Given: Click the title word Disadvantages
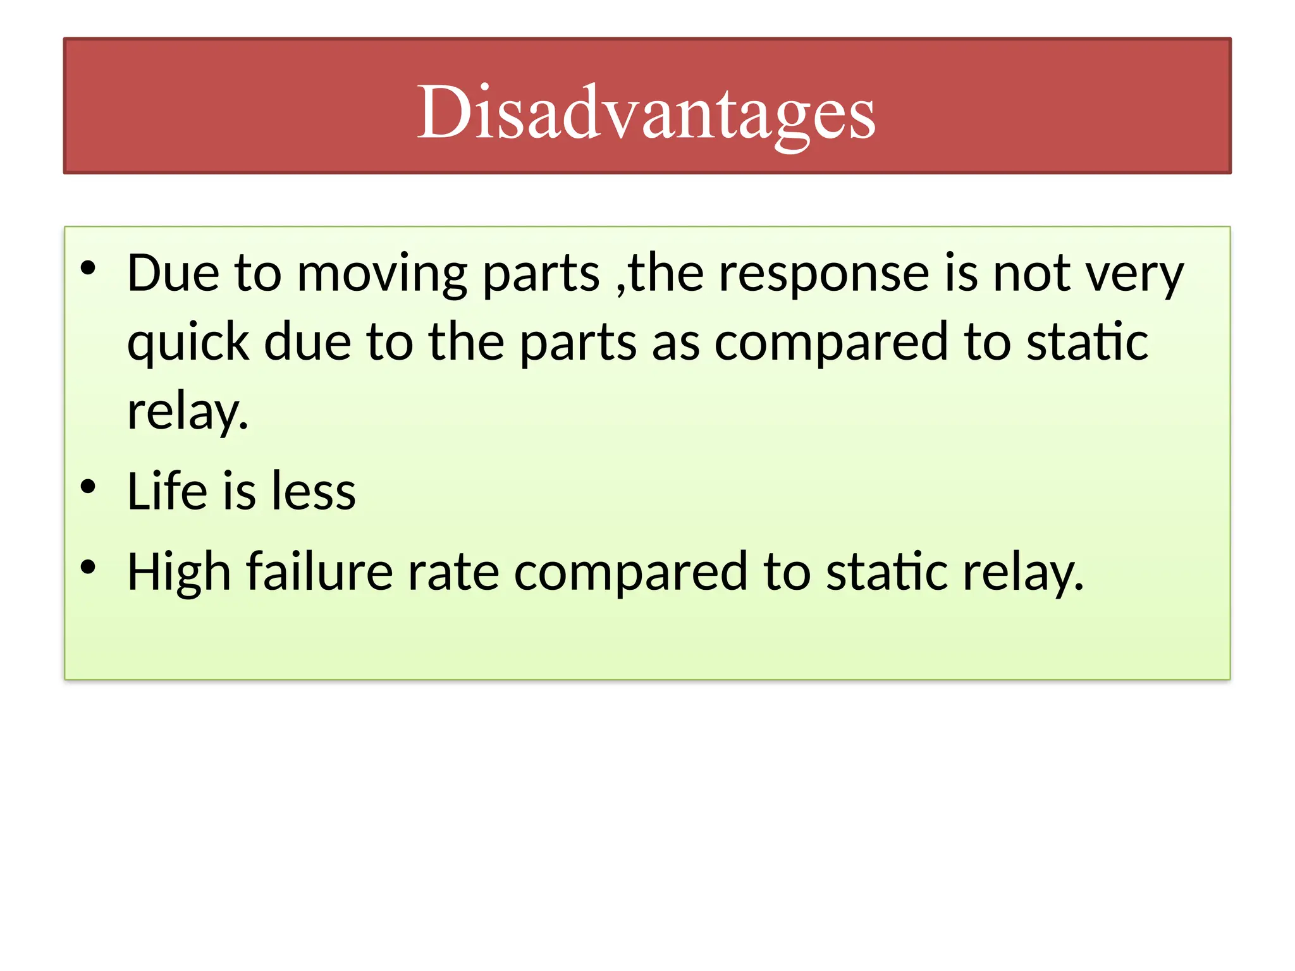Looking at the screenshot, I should [646, 113].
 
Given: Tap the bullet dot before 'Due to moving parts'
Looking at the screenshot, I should [88, 268].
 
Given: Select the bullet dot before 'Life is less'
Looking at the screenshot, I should [88, 486].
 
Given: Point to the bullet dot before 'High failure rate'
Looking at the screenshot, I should [88, 567].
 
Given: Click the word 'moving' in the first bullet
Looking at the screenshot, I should [382, 274].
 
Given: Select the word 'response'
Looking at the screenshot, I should [824, 274].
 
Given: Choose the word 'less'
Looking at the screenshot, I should [314, 491].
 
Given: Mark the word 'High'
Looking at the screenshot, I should [179, 572].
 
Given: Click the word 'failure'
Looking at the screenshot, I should [319, 572].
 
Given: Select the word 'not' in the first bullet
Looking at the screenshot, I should [1031, 274].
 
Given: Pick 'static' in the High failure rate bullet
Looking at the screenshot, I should [887, 572].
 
